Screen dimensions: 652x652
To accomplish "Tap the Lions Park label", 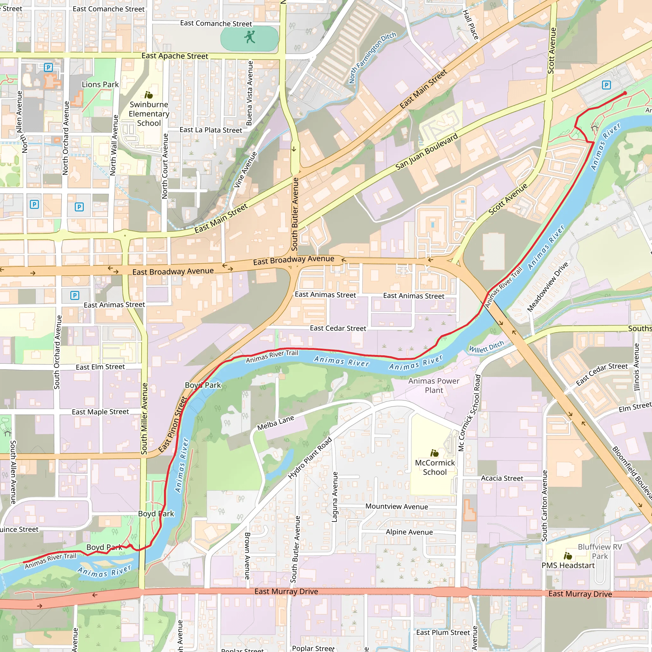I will [x=100, y=84].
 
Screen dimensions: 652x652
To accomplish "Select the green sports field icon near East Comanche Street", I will [x=250, y=37].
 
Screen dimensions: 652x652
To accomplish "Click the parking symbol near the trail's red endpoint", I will [x=606, y=85].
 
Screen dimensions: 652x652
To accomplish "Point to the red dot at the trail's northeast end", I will [x=625, y=93].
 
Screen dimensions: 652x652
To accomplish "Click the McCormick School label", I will [x=435, y=467].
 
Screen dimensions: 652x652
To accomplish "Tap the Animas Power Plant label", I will [x=434, y=386].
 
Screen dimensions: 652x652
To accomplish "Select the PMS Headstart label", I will [x=568, y=565].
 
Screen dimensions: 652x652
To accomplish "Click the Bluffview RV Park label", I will [x=600, y=551].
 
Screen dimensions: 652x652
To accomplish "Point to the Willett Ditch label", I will [x=486, y=347].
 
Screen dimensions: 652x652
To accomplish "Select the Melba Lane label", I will [x=275, y=423].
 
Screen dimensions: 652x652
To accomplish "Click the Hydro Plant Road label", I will [x=310, y=458].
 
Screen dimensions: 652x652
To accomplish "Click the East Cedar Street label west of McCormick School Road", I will [x=338, y=328].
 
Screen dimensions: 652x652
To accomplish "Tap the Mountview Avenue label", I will [x=397, y=507].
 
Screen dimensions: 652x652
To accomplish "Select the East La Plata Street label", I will [x=210, y=130].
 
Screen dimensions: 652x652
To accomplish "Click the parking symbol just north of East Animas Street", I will [x=74, y=296].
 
